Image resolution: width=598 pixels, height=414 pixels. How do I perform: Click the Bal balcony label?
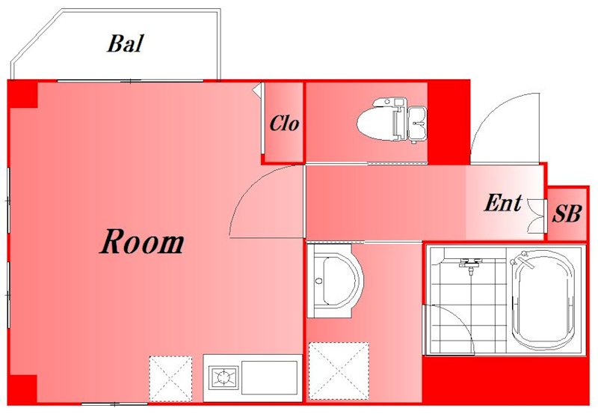tap(126, 43)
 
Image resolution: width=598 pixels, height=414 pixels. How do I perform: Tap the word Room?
tap(142, 241)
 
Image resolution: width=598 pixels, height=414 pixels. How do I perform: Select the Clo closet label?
tap(284, 124)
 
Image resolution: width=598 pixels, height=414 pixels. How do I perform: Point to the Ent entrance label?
tap(503, 203)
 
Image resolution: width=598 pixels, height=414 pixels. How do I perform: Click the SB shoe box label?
tap(567, 213)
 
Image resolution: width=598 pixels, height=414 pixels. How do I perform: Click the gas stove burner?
tap(224, 378)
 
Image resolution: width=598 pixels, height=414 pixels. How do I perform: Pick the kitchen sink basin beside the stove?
tap(270, 378)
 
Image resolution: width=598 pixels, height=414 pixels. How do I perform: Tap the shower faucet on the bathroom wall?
tap(471, 264)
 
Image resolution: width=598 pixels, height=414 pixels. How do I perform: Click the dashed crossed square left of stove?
tap(170, 379)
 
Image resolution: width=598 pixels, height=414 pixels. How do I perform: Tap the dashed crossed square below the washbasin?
tap(339, 371)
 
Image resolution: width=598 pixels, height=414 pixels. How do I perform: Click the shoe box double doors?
tap(536, 216)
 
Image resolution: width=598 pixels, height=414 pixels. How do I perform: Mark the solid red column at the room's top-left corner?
tap(23, 94)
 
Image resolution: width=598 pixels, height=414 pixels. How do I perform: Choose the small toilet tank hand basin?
tap(418, 123)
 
